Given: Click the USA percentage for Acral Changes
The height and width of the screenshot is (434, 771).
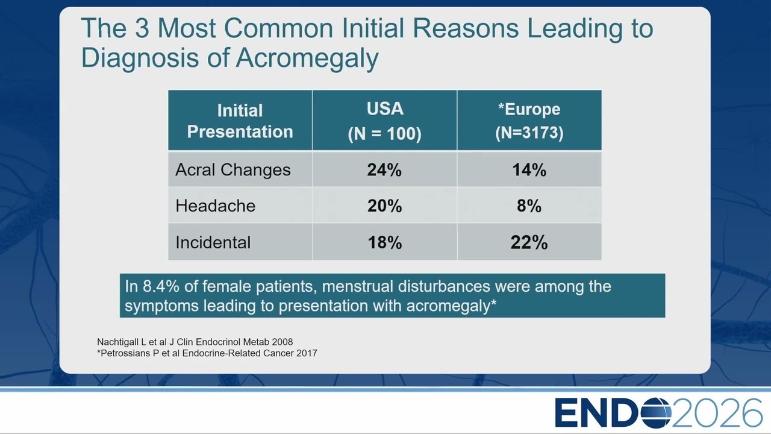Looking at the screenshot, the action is (384, 170).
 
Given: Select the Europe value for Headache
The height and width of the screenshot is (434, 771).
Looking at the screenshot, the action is (529, 206).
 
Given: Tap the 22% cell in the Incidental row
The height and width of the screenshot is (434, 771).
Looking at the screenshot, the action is (529, 242).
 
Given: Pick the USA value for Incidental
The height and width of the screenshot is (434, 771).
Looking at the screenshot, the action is (384, 242).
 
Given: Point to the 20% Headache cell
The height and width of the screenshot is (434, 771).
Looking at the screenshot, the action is (384, 206).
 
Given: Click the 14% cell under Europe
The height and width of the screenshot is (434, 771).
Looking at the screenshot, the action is (529, 170).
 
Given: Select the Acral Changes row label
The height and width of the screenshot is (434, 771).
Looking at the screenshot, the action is (233, 170).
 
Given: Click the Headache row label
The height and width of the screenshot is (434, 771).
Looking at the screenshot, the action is (216, 206).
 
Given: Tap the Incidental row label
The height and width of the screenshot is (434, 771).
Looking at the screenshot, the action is (213, 242).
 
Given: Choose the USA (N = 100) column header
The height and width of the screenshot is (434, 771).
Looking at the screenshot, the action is (384, 121).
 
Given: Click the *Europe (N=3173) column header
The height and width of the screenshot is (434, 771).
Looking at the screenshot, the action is (529, 121).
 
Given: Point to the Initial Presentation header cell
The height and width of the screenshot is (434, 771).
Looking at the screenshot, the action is (240, 121).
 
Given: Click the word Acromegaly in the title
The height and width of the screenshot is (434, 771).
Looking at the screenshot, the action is (307, 57).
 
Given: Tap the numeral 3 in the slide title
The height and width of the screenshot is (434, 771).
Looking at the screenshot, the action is (142, 28).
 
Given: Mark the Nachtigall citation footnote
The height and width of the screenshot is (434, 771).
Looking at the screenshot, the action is (195, 342).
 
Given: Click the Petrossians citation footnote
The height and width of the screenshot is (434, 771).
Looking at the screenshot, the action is (207, 353).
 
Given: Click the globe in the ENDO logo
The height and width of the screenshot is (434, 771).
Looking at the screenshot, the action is (656, 413).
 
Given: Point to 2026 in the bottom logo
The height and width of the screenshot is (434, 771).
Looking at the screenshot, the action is (717, 413).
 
